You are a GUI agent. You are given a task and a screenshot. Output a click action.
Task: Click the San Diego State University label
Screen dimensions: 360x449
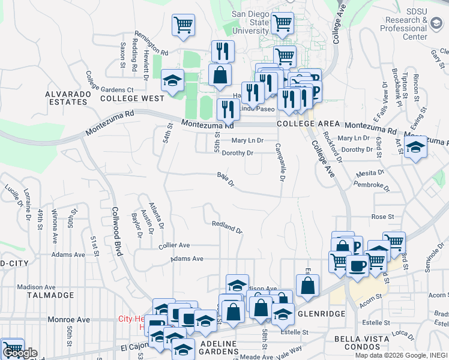tap(251, 22)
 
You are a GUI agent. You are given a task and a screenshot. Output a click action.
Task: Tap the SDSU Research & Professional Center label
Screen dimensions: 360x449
tap(406, 25)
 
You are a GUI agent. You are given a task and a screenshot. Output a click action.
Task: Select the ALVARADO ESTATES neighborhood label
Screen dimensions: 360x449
tap(66, 98)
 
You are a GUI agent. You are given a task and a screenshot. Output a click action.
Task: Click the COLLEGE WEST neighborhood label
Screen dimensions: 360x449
tap(132, 98)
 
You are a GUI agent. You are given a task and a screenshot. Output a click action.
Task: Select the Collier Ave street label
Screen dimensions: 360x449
tap(174, 245)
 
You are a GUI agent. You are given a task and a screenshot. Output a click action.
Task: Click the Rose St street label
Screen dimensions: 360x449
tap(382, 216)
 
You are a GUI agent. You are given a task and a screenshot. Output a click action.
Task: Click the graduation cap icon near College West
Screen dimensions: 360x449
tap(172, 81)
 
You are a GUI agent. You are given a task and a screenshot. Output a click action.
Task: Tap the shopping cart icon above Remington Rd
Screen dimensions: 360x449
tap(183, 26)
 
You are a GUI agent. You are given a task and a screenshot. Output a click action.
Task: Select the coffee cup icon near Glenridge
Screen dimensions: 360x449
tap(357, 266)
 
